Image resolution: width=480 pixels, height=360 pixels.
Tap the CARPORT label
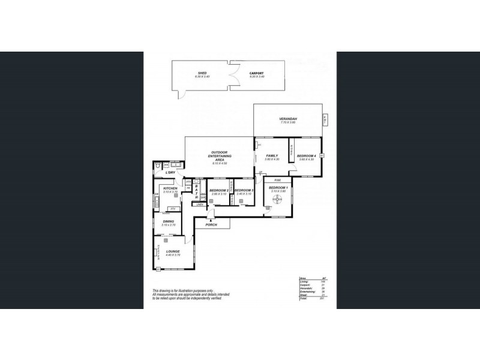pyautogui.click(x=257, y=73)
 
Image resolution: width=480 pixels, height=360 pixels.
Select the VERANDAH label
pyautogui.click(x=289, y=119)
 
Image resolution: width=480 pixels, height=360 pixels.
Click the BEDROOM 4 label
pyautogui.click(x=306, y=156)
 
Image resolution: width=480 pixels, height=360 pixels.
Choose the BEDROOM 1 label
pyautogui.click(x=278, y=188)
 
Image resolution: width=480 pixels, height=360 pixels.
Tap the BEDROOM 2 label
pyautogui.click(x=219, y=191)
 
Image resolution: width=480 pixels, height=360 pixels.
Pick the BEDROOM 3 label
pyautogui.click(x=244, y=191)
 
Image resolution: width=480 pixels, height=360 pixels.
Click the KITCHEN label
pyautogui.click(x=170, y=188)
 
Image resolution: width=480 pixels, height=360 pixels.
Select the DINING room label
pyautogui.click(x=168, y=221)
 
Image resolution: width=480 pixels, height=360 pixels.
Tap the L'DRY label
pyautogui.click(x=170, y=173)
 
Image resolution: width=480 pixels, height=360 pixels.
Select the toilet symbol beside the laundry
pyautogui.click(x=157, y=166)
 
